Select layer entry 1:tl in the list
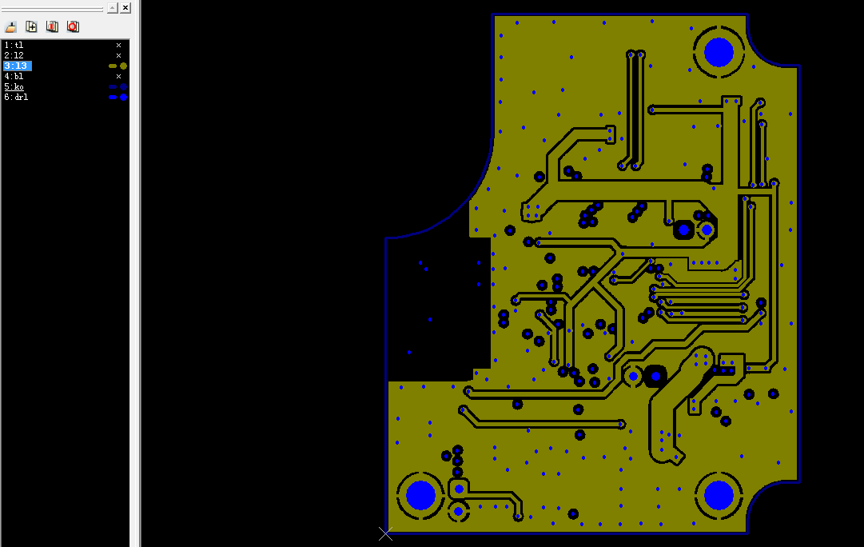(x=14, y=46)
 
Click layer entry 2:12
(x=14, y=56)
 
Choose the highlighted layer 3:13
(x=17, y=66)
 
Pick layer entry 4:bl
(x=14, y=77)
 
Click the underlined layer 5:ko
(x=14, y=87)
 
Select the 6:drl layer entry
(x=16, y=97)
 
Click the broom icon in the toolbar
(x=10, y=26)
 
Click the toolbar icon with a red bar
(x=52, y=26)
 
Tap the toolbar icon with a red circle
(x=74, y=26)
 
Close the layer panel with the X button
(x=125, y=8)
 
